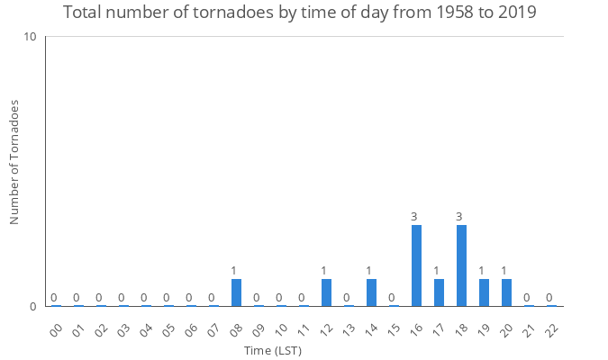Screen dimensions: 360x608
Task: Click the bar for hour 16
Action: (x=416, y=265)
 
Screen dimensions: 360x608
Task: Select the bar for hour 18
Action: (x=461, y=265)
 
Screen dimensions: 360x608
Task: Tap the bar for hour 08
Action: (x=236, y=292)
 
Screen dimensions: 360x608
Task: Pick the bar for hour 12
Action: (x=326, y=292)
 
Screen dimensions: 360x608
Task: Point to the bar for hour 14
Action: (x=371, y=292)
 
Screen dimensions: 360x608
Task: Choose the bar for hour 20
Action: (x=506, y=292)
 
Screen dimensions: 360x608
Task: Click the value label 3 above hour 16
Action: (x=414, y=217)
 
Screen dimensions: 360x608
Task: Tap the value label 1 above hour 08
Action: (x=233, y=271)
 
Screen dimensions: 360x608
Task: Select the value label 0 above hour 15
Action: (x=392, y=298)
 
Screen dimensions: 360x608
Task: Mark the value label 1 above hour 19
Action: (x=482, y=271)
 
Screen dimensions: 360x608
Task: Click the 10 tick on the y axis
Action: (x=31, y=37)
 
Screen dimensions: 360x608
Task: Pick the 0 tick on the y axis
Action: (x=33, y=306)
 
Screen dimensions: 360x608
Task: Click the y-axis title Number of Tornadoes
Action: (x=15, y=162)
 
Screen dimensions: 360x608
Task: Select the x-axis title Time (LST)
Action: (x=273, y=350)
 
